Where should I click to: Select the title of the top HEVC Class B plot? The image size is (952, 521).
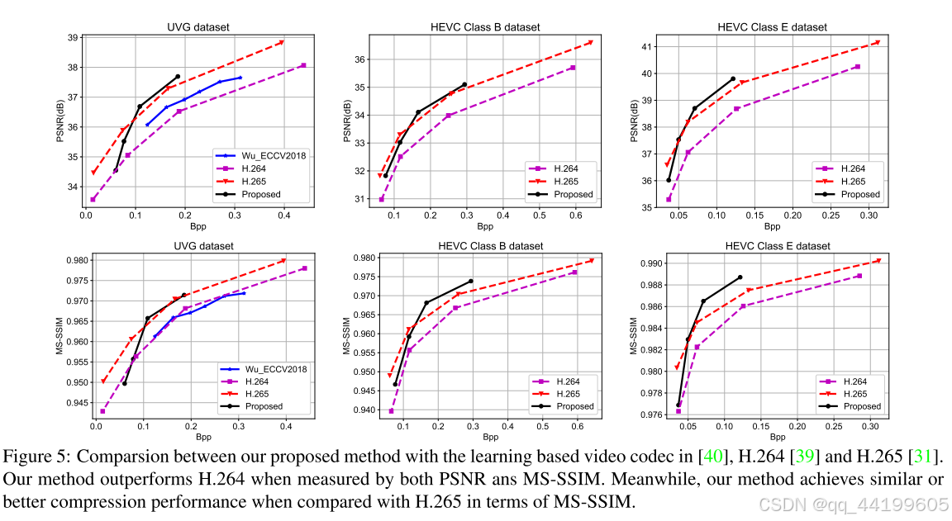(x=485, y=27)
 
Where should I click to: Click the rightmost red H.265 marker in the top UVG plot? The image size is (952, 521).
(x=282, y=42)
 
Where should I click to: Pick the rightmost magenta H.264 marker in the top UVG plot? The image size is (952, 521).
(x=303, y=65)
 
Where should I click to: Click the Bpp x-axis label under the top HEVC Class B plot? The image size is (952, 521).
(x=484, y=226)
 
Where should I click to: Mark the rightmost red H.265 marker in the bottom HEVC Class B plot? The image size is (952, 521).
(x=591, y=261)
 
